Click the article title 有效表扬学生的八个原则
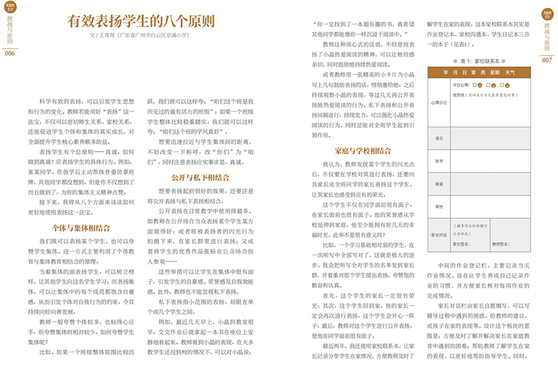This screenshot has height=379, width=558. (141, 21)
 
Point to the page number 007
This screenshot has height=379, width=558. (547, 60)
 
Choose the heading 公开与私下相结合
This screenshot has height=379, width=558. (196, 177)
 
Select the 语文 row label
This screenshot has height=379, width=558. (439, 138)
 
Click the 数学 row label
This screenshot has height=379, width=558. (439, 161)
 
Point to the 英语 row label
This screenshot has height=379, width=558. (439, 184)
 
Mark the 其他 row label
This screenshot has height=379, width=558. (439, 207)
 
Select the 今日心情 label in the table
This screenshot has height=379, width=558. (461, 86)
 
